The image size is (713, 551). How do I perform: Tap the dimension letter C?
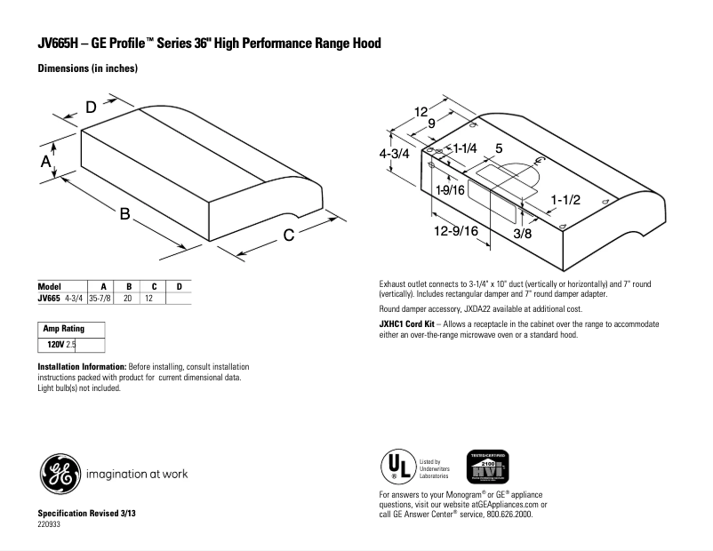coord(290,236)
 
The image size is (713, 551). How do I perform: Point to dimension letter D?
coord(91,108)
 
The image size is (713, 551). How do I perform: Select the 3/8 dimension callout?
coord(522,234)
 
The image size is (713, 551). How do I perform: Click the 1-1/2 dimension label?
coord(565,200)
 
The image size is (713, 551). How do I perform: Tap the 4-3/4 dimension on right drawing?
coord(394,153)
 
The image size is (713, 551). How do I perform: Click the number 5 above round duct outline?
coord(499,148)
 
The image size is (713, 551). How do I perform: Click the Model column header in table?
coord(49,286)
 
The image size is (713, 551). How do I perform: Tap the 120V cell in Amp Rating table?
coord(55,342)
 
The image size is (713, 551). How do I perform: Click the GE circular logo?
coord(58,473)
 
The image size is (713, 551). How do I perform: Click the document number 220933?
coord(50,525)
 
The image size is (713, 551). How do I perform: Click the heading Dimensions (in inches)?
coord(87,68)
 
